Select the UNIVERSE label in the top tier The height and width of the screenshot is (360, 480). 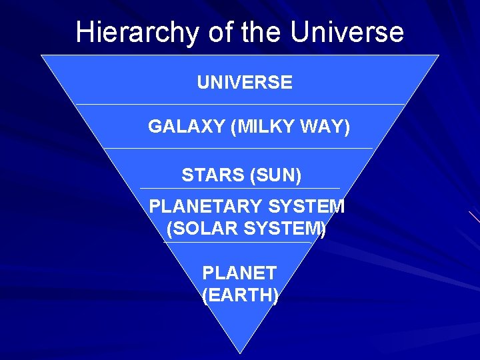point(244,83)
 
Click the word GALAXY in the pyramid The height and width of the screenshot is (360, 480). point(186,127)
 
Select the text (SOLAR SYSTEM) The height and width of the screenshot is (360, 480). point(246,229)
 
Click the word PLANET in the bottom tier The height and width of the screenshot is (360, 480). point(239,273)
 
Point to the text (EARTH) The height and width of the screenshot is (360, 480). point(240,295)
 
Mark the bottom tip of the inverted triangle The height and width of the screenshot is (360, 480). point(240,353)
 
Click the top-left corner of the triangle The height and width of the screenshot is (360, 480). point(41,55)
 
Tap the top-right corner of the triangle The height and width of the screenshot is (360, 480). point(439,55)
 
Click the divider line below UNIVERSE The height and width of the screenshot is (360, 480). point(240,105)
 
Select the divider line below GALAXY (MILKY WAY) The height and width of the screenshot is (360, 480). point(240,148)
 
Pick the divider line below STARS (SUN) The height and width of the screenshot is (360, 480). point(240,189)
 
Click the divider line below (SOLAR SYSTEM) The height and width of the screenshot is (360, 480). point(240,242)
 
